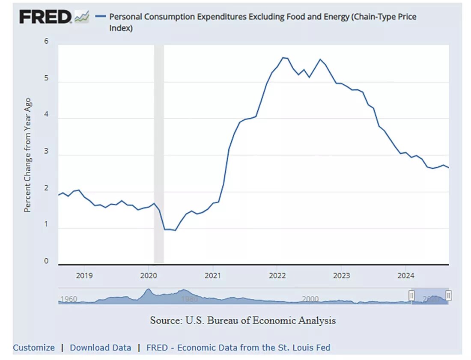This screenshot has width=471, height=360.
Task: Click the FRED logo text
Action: coord(45,17)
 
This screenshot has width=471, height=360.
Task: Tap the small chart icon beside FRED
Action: coord(81,17)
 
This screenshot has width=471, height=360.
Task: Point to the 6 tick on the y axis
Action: coord(46,42)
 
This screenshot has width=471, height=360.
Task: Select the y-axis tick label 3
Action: coord(46,152)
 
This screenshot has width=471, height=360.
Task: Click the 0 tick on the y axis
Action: coord(46,262)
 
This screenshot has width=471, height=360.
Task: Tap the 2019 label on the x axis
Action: coord(84,276)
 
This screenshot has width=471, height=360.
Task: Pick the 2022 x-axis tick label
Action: coord(277,276)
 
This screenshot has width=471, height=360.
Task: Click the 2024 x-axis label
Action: coord(406,276)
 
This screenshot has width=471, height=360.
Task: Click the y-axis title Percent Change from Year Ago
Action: coord(27,155)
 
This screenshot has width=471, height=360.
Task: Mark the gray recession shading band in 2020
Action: coord(159,154)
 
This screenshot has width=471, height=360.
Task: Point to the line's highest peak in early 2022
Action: coord(283,57)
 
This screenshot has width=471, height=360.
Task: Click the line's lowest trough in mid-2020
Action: coord(175,230)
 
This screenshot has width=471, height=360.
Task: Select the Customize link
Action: coord(34,348)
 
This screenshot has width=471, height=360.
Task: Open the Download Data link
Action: coord(101,348)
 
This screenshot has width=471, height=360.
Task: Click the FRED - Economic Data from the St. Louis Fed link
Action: coord(238,348)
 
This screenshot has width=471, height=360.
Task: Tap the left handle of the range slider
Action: coord(411,295)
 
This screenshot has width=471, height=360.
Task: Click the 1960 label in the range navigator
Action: coord(69,299)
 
